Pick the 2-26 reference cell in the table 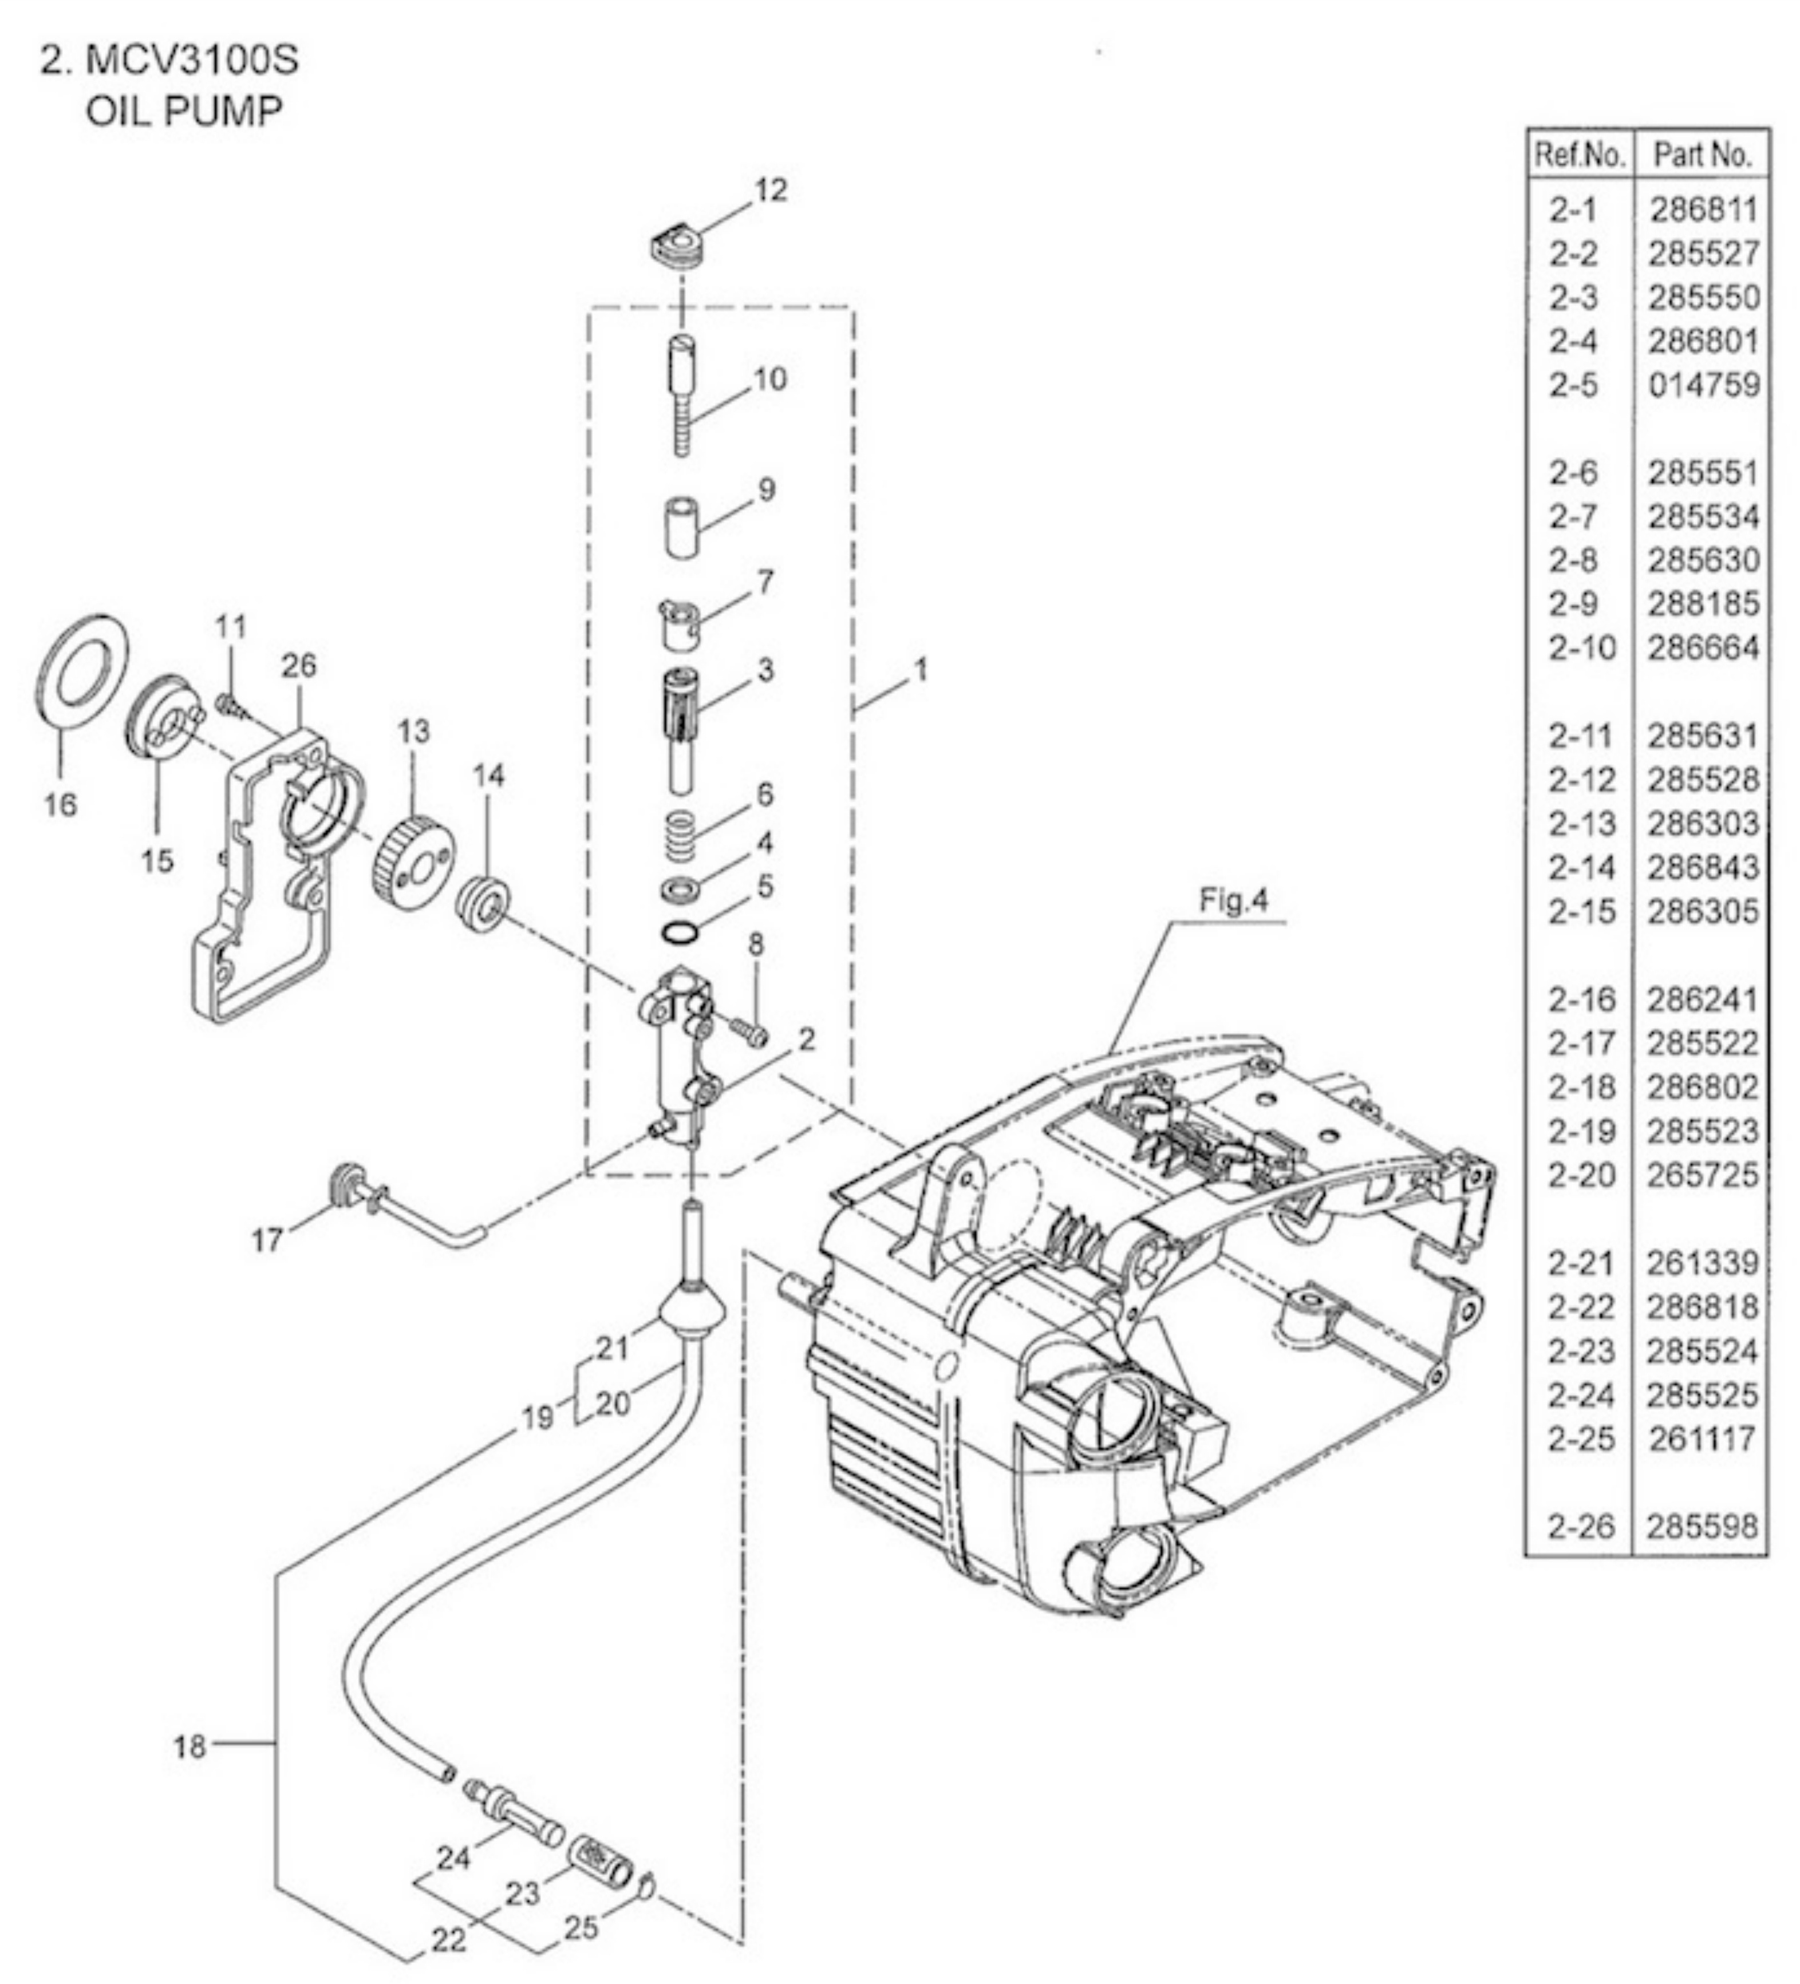[x=1581, y=1527]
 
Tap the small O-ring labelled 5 [x=682, y=930]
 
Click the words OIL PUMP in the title [x=184, y=110]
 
